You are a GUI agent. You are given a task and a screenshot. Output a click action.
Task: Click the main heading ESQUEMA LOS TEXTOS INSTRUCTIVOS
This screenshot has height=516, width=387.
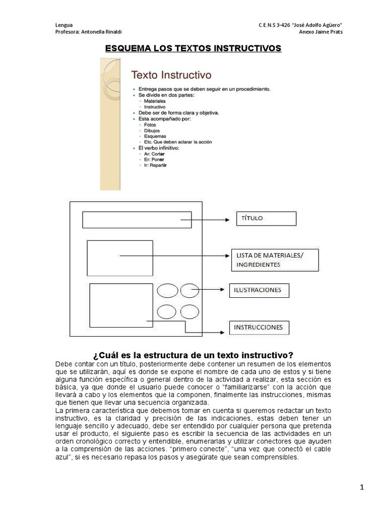[x=193, y=48]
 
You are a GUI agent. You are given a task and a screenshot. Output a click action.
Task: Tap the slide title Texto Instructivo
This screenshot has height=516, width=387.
[x=171, y=76]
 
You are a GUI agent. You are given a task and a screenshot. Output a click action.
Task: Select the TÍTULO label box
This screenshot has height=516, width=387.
[x=267, y=218]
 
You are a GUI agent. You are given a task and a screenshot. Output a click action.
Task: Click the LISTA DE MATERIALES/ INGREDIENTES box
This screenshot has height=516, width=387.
[x=275, y=260]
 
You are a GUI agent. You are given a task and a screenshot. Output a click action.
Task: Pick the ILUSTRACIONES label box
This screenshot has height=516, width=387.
[x=259, y=290]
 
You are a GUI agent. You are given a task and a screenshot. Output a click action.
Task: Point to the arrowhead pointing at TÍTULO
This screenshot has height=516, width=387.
[x=227, y=220]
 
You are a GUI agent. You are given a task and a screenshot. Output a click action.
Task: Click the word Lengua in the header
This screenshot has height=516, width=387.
[x=63, y=25]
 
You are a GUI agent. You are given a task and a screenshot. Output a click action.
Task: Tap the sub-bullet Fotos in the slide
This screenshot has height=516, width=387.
[x=150, y=124]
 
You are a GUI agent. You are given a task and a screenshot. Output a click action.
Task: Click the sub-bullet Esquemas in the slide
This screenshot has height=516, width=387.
[x=154, y=136]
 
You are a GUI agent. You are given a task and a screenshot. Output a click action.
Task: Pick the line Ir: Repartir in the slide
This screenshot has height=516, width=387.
[x=155, y=165]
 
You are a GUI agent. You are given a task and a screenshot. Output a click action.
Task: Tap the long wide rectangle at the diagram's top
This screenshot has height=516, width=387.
[x=137, y=220]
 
